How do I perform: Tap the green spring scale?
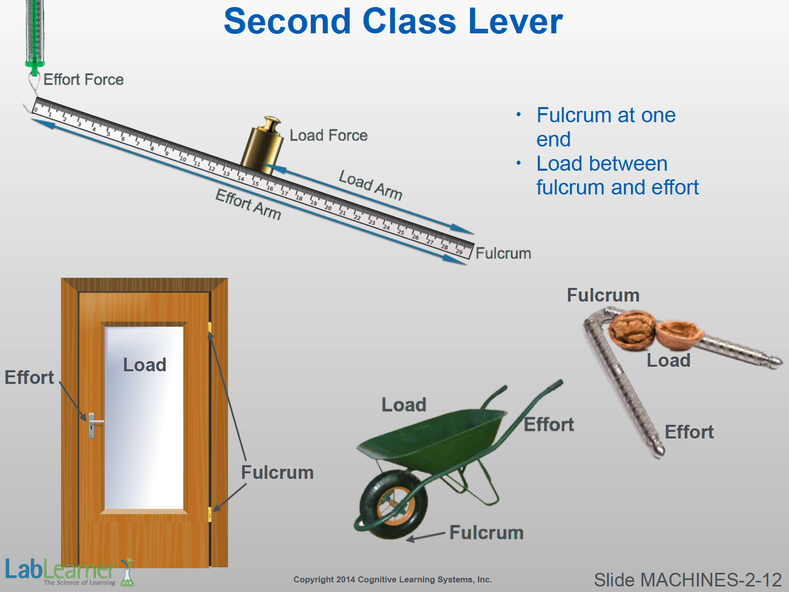pos(34,35)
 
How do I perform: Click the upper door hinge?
pos(210,328)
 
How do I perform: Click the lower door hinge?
pos(210,514)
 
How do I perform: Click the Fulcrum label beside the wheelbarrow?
pos(486,532)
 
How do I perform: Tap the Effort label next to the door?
pos(29,377)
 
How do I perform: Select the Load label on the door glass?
pos(145,365)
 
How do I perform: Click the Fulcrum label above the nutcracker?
pos(603,295)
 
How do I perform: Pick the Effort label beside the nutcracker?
pos(689,432)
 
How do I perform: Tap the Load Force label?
pos(328,135)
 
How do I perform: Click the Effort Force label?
pos(83,79)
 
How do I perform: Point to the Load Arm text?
pos(370,185)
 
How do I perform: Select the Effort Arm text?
pos(248,205)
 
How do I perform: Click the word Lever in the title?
pos(515,22)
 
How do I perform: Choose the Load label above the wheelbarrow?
pos(404,405)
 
